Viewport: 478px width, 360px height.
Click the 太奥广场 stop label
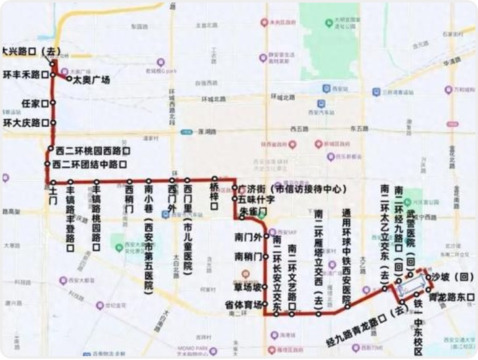[x=91, y=80]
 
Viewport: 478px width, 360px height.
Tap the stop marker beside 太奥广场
[x=69, y=79]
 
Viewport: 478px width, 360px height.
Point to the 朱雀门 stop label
[x=251, y=211]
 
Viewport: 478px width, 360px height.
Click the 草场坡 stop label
[x=248, y=286]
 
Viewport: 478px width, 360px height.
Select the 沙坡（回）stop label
[x=448, y=278]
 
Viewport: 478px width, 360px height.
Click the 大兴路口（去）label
[x=30, y=51]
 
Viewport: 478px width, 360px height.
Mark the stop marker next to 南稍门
[x=266, y=256]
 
